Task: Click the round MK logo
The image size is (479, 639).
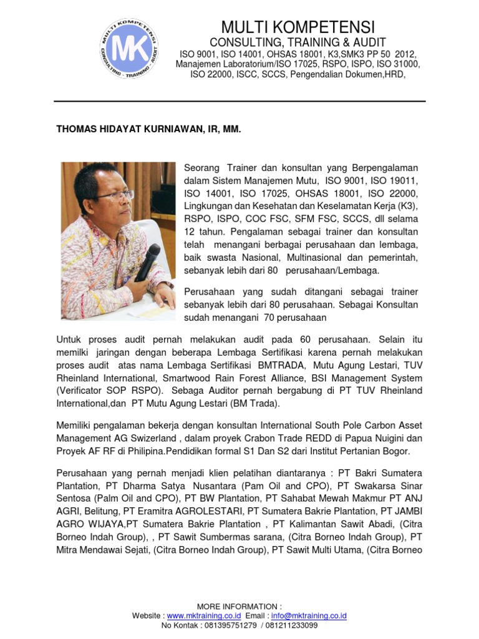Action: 129,48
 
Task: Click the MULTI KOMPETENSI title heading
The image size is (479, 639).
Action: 298,27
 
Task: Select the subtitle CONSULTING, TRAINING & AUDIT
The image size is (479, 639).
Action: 298,42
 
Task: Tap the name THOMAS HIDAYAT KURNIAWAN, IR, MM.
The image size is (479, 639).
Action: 148,129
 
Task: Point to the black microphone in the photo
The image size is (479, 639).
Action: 148,262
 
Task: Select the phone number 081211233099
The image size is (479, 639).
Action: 292,625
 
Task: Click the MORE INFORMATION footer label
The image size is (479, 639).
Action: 239,607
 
